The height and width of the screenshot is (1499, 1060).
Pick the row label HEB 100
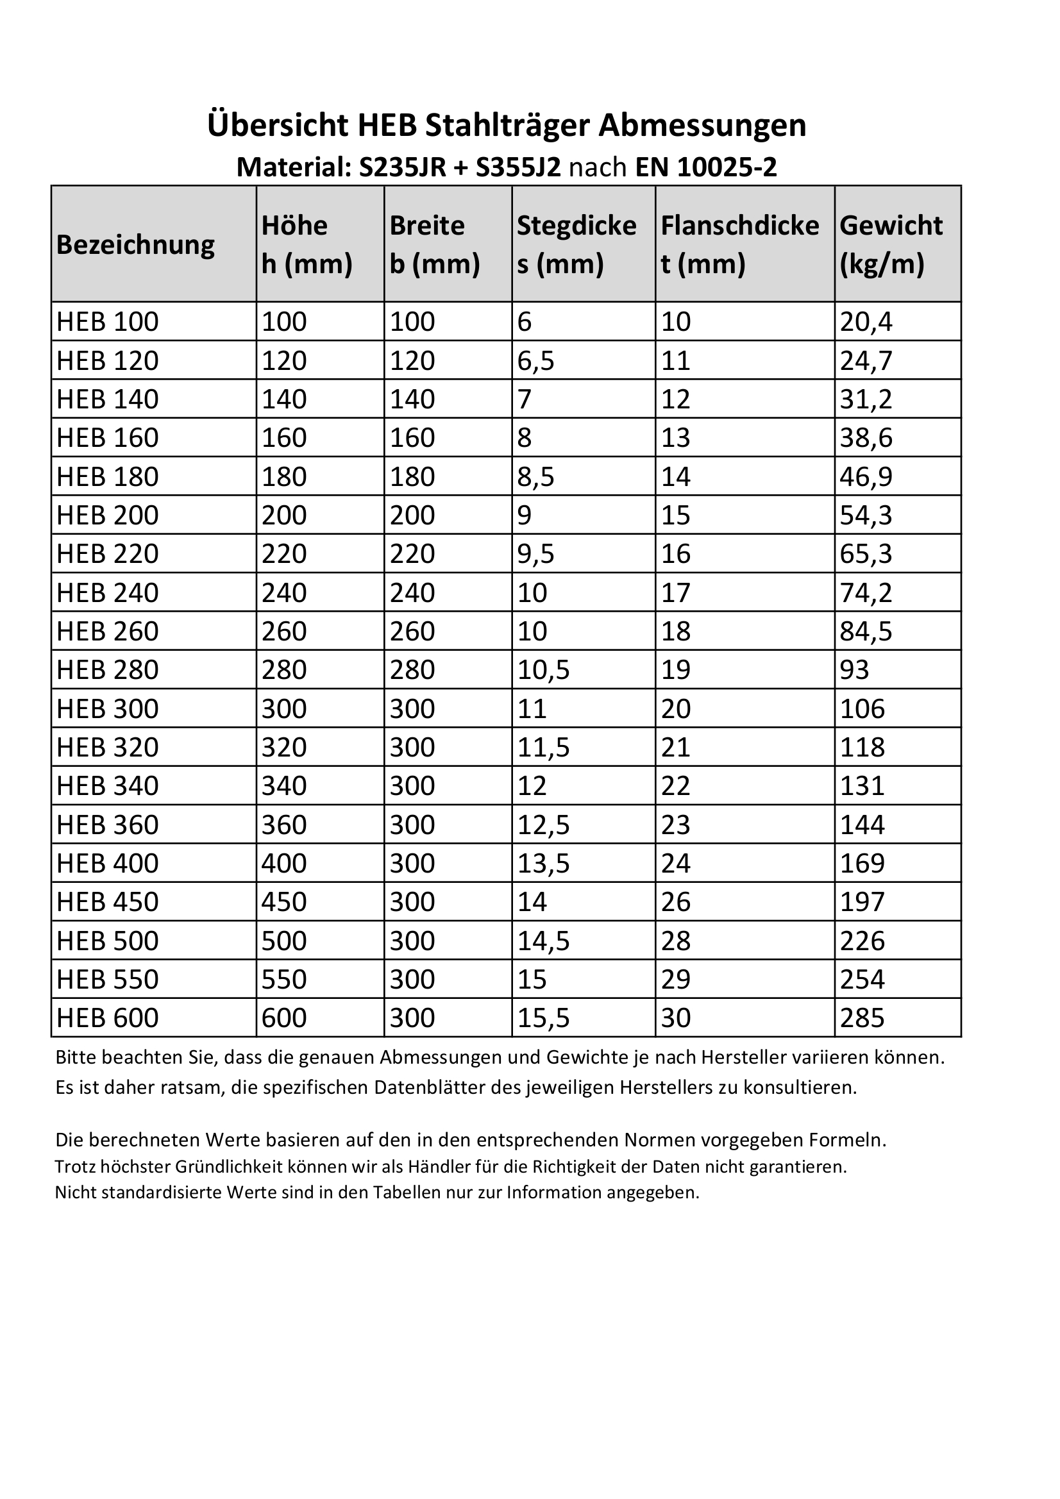[x=108, y=322]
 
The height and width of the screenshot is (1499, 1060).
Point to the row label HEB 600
[x=108, y=1018]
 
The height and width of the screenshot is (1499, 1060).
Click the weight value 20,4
[x=866, y=322]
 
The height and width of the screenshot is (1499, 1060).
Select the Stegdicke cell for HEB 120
[x=535, y=360]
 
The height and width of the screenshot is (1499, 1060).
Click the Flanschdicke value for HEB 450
[x=676, y=901]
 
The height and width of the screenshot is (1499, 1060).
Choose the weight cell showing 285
[x=862, y=1018]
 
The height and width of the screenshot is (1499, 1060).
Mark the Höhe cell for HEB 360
[x=284, y=825]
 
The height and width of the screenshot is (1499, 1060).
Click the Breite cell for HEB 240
[x=412, y=593]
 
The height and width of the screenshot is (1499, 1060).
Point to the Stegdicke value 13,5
[x=543, y=863]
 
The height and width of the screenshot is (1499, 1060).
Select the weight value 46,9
[x=866, y=476]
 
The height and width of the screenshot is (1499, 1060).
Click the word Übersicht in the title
[x=278, y=126]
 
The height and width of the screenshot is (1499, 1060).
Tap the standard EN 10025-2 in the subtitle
[x=706, y=168]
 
